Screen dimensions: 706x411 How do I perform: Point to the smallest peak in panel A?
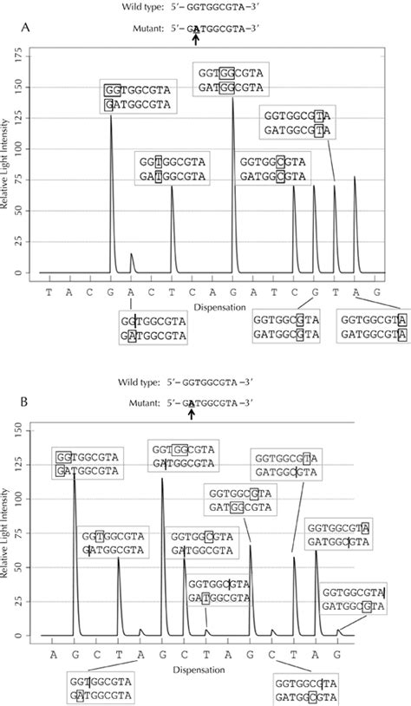[132, 256]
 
